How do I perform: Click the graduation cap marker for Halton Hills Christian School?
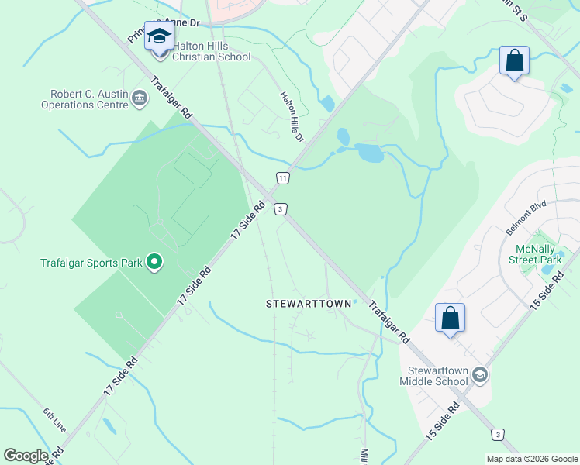click(160, 36)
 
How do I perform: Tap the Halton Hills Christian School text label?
click(211, 51)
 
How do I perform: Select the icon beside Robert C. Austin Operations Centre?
click(140, 97)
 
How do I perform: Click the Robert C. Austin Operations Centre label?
click(85, 98)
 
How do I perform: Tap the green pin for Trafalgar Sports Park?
click(154, 263)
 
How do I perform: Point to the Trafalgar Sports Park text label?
click(91, 263)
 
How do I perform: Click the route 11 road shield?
click(283, 178)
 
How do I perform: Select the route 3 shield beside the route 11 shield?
click(280, 208)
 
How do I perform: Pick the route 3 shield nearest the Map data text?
click(498, 434)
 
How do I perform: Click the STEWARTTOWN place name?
click(309, 304)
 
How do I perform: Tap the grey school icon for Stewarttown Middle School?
click(480, 375)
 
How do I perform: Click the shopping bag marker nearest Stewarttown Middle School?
click(451, 318)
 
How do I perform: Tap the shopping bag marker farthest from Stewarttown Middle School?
click(514, 60)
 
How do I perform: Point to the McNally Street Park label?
click(538, 254)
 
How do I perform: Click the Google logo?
click(26, 456)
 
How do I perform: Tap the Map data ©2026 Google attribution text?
click(531, 458)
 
